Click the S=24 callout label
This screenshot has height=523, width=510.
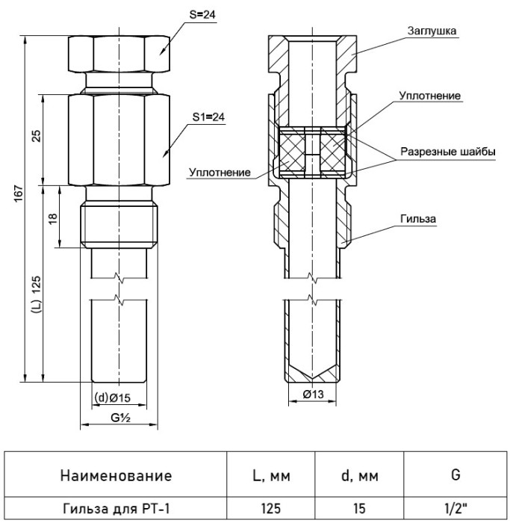tap(202, 15)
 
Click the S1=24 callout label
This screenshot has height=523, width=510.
tap(208, 117)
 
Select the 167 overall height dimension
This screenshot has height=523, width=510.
tap(19, 193)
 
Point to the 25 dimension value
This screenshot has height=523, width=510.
tap(37, 135)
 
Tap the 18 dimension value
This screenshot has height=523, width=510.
tap(53, 218)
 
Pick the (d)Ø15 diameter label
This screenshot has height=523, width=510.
tap(112, 397)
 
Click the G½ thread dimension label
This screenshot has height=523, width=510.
tap(120, 417)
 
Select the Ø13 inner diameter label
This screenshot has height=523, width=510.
tap(313, 394)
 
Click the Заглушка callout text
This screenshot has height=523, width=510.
tap(432, 31)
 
